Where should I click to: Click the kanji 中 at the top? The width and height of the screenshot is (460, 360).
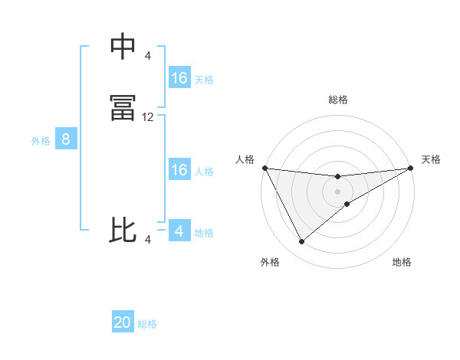pyautogui.click(x=123, y=47)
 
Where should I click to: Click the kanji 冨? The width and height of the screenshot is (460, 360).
pyautogui.click(x=123, y=108)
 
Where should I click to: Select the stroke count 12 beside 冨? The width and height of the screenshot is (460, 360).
pyautogui.click(x=148, y=117)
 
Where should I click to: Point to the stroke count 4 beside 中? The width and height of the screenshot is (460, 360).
pyautogui.click(x=148, y=56)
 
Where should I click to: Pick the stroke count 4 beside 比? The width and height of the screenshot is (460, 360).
pyautogui.click(x=148, y=240)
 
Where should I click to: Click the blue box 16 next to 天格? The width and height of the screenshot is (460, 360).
pyautogui.click(x=179, y=78)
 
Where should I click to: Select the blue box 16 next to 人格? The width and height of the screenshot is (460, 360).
pyautogui.click(x=179, y=170)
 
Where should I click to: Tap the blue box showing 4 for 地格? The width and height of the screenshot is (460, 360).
pyautogui.click(x=179, y=231)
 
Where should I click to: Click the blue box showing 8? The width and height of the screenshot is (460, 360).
pyautogui.click(x=66, y=139)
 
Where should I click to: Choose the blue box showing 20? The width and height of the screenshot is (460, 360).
pyautogui.click(x=123, y=322)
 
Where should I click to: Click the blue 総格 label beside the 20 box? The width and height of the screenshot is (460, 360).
pyautogui.click(x=147, y=324)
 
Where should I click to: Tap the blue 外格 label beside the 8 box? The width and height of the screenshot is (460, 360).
pyautogui.click(x=41, y=141)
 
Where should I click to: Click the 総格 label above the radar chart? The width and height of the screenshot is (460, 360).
pyautogui.click(x=338, y=100)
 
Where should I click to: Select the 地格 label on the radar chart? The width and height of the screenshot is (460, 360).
pyautogui.click(x=402, y=262)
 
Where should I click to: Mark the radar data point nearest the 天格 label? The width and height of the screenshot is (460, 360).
pyautogui.click(x=411, y=168)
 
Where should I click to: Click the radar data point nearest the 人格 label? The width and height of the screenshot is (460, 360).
pyautogui.click(x=264, y=168)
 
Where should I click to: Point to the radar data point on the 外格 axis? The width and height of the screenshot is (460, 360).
pyautogui.click(x=301, y=242)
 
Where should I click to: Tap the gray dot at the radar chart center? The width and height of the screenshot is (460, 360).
pyautogui.click(x=338, y=190)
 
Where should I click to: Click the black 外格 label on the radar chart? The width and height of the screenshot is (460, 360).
pyautogui.click(x=270, y=262)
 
